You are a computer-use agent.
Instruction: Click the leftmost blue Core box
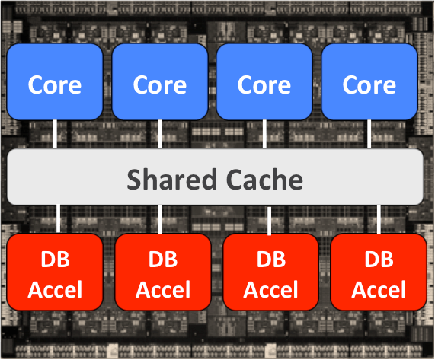coord(55,81)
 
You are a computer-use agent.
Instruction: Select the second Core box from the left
coord(160,81)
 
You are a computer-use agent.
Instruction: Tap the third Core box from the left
coord(264,81)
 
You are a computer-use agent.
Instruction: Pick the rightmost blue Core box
coord(369,81)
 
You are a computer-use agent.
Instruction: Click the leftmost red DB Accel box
coord(55,272)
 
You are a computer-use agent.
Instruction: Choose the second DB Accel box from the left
coord(163,272)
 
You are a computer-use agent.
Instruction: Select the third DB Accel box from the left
coord(270,272)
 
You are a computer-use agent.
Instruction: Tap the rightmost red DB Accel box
coord(379,272)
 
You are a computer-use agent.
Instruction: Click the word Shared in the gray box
coord(171,180)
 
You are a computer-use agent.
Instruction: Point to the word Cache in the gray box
coord(264,180)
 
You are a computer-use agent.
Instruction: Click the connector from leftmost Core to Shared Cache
coord(55,135)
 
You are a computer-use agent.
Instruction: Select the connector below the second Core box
coord(159,135)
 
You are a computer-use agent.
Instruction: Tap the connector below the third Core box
coord(264,135)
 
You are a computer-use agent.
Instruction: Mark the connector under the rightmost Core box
coord(369,135)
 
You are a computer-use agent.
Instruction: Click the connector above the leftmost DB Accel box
coord(58,219)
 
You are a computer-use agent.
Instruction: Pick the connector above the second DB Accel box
coord(160,219)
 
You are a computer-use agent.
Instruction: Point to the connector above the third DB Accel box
coord(269,221)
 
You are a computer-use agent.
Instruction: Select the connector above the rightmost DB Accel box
coord(379,219)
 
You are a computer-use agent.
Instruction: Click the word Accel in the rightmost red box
coord(379,290)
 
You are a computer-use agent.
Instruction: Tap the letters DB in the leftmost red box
coord(55,260)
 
